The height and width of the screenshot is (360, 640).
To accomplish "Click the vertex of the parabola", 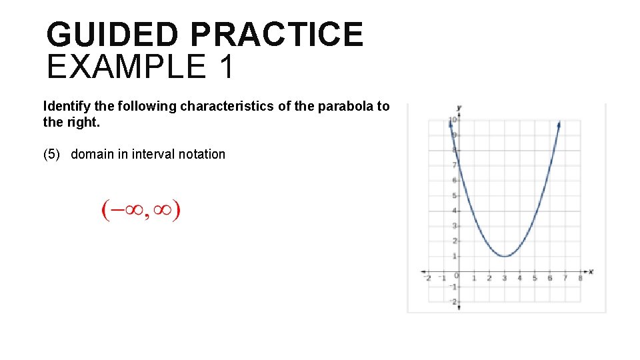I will point(505,256).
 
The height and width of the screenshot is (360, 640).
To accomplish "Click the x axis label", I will point(591,271).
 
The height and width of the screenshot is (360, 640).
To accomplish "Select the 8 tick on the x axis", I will point(580,278).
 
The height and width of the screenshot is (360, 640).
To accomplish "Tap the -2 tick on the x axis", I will point(428,278).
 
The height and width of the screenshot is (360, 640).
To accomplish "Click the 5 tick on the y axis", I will point(454,196).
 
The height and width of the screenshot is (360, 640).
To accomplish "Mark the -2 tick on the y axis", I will point(453,302).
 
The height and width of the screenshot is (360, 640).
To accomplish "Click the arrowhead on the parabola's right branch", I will point(558,124).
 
